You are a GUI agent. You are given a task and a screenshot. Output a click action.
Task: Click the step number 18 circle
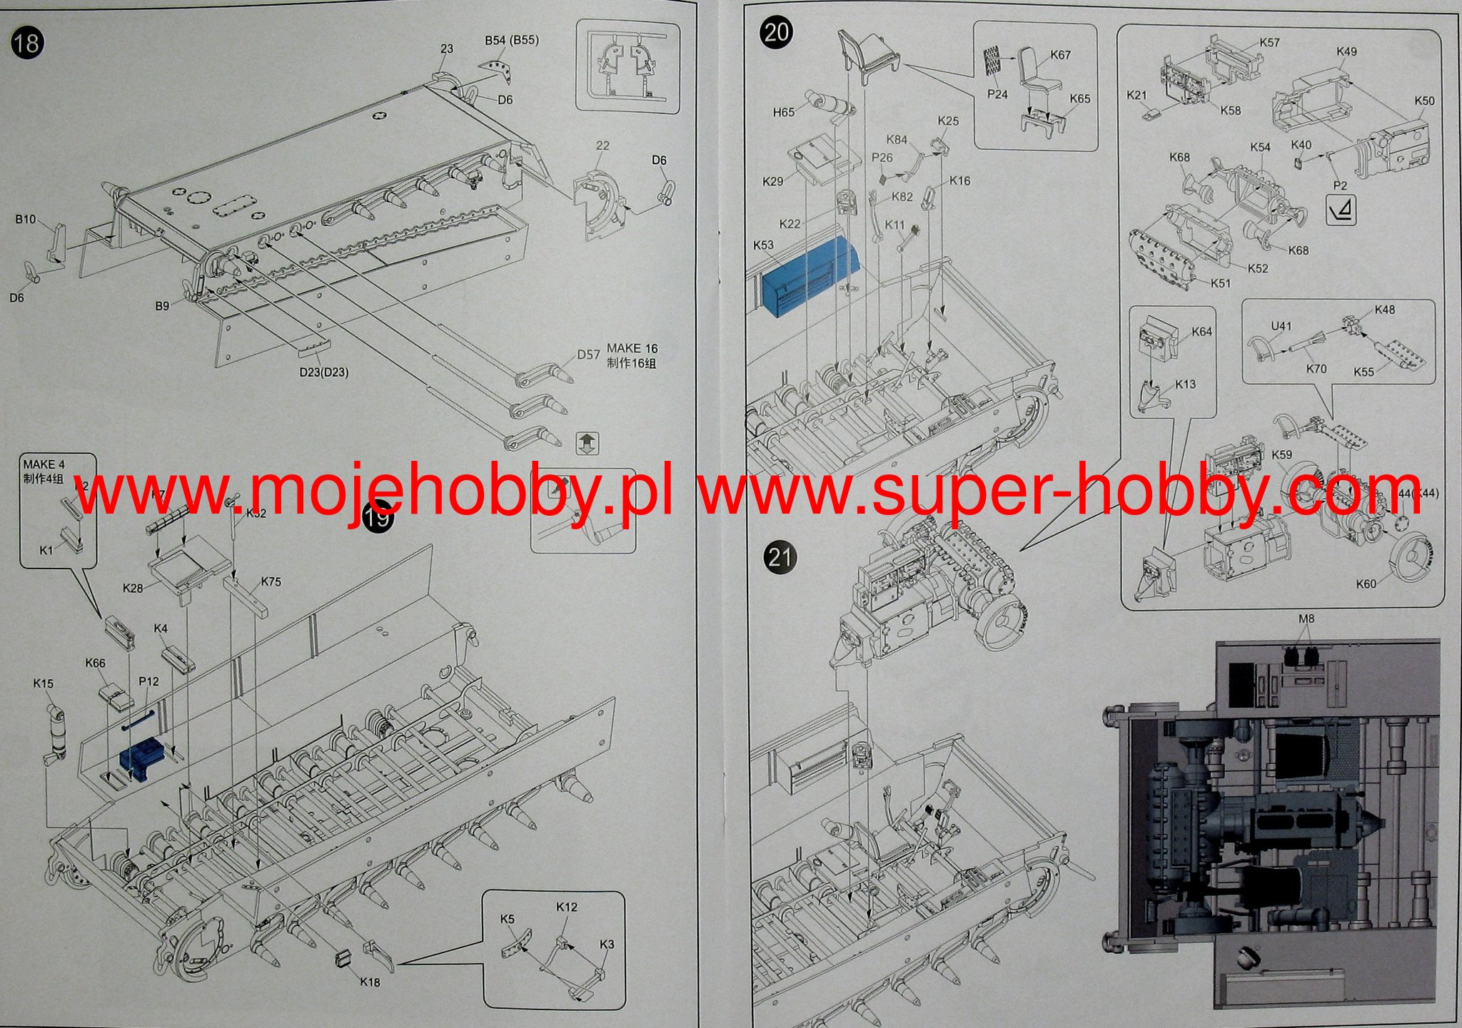coord(27,44)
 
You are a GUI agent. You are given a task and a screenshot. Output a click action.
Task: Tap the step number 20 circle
coord(776,33)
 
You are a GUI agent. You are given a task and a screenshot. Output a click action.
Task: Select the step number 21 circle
coord(780,557)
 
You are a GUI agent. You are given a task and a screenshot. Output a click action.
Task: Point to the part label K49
coord(1346,52)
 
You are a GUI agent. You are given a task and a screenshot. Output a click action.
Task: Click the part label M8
coord(1306,619)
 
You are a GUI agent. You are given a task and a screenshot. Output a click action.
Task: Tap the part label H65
coord(783,113)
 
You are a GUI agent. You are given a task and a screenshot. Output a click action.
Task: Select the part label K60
coord(1366,584)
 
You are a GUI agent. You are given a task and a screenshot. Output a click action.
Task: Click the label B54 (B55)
coord(511,41)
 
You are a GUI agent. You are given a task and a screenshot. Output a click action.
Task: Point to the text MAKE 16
coord(632,348)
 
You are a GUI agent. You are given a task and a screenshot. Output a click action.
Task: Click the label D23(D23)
coord(324,372)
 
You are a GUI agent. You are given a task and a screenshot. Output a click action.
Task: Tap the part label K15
coord(43,683)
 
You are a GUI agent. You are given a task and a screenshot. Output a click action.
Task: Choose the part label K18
coord(370,982)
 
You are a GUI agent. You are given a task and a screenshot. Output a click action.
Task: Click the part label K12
coord(566,907)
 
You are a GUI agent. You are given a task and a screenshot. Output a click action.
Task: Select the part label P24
coord(997,95)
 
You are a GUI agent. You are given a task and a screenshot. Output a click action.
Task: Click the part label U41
coord(1281,326)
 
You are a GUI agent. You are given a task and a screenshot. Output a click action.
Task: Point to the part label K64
coord(1202,332)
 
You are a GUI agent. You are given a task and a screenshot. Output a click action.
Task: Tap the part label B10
coord(26,220)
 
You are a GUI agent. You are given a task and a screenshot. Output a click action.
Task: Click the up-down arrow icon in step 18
coord(587,443)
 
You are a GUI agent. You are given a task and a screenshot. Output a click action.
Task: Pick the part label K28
coord(133,589)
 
